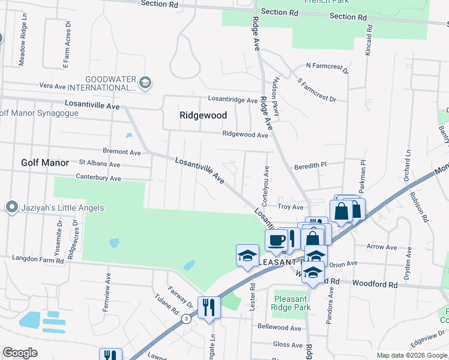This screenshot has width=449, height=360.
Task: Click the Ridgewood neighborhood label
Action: pyautogui.click(x=203, y=115)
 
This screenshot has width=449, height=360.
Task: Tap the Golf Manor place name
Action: pyautogui.click(x=46, y=163)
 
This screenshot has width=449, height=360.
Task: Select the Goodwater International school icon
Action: pyautogui.click(x=145, y=82)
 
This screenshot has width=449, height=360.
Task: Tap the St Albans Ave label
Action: pyautogui.click(x=100, y=163)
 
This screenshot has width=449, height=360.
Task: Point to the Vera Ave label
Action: pyautogui.click(x=52, y=86)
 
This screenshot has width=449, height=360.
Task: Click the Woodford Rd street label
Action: pyautogui.click(x=375, y=283)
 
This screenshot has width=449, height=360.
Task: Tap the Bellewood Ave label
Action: pyautogui.click(x=279, y=328)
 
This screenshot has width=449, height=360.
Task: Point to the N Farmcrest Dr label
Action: pyautogui.click(x=327, y=65)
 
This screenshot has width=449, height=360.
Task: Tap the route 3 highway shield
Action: pyautogui.click(x=188, y=317)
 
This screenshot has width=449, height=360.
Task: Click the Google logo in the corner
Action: pyautogui.click(x=20, y=353)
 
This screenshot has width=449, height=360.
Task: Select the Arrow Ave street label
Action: pyautogui.click(x=382, y=247)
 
